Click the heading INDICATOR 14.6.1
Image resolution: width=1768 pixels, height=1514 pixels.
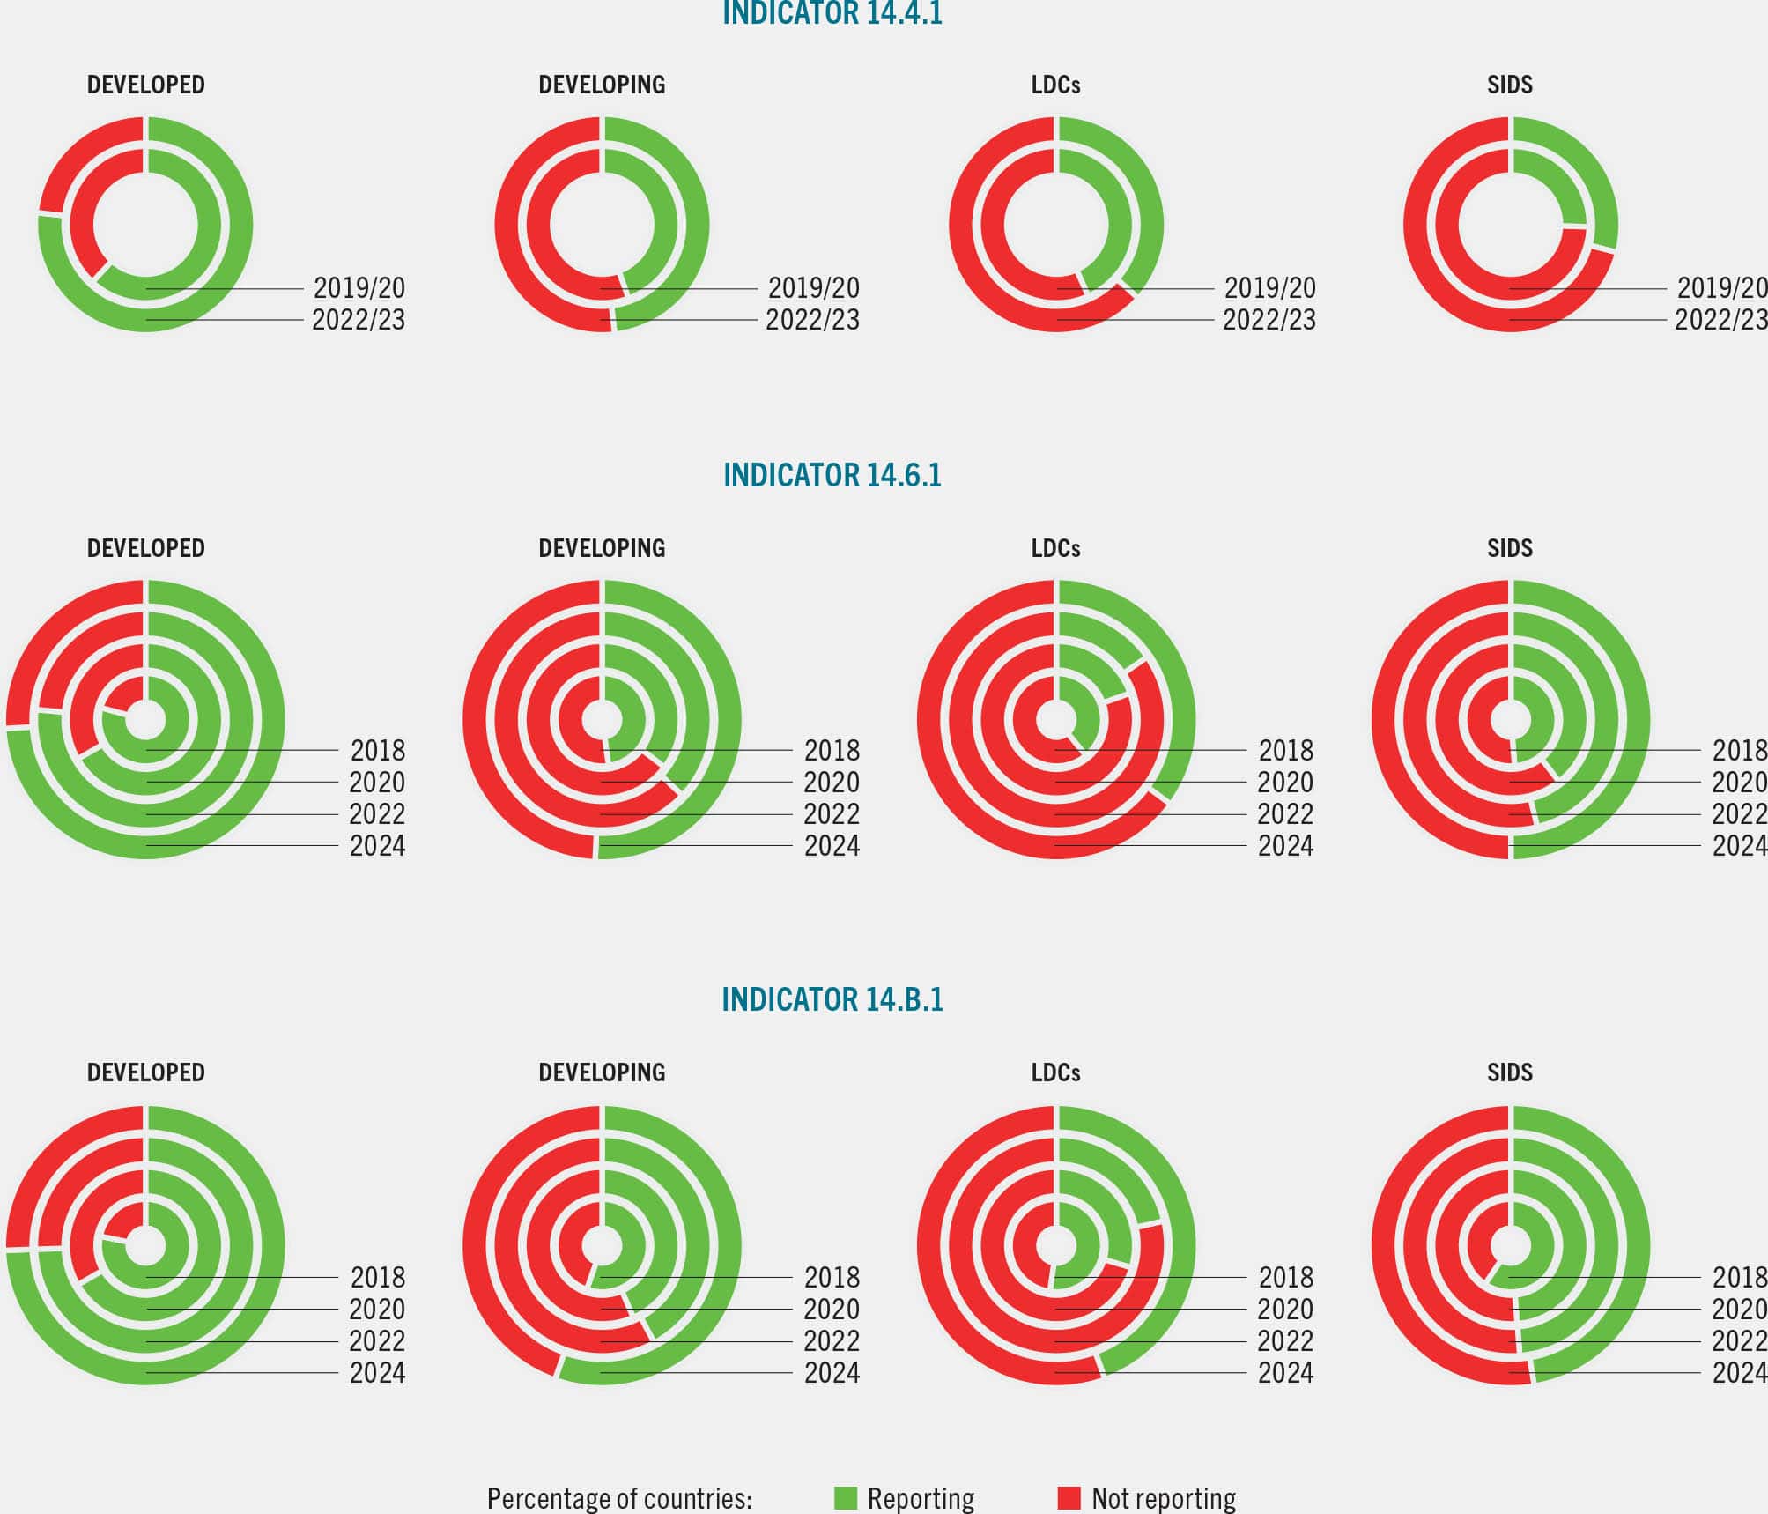(x=832, y=476)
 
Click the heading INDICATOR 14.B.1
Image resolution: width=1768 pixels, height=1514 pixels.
(x=832, y=999)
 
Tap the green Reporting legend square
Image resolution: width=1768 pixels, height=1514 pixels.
(x=845, y=1498)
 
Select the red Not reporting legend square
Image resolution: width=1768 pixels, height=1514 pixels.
(x=1069, y=1498)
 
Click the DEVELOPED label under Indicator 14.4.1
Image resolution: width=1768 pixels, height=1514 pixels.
(x=145, y=85)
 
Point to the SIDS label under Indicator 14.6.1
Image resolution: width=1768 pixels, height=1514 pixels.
(x=1509, y=548)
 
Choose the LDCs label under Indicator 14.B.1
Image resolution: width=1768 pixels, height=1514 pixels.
(x=1055, y=1072)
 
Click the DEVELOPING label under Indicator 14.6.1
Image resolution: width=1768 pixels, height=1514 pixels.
(x=602, y=548)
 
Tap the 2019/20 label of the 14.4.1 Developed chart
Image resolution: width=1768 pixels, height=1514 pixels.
(x=359, y=288)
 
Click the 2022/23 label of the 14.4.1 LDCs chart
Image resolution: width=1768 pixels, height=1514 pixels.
(x=1269, y=320)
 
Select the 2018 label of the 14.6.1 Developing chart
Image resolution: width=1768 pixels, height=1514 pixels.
(x=832, y=751)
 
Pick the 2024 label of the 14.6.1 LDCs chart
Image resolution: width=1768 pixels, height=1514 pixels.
(x=1285, y=846)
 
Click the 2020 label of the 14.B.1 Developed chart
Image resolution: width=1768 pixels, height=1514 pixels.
(x=377, y=1310)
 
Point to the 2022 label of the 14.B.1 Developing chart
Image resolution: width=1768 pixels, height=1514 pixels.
(x=832, y=1341)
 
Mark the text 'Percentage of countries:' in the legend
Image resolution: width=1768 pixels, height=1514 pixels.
(x=619, y=1498)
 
